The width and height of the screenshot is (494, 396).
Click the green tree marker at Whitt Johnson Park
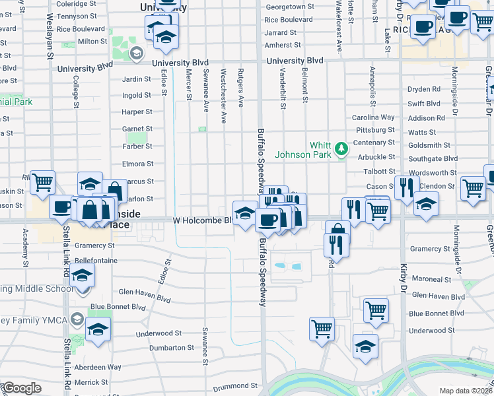click(x=341, y=148)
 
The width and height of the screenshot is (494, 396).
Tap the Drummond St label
click(x=234, y=385)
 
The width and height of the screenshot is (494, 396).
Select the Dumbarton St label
click(x=172, y=347)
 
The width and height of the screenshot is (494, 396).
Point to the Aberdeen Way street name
click(x=97, y=367)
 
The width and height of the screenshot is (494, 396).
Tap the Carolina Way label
click(x=373, y=117)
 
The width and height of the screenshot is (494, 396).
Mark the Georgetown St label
click(x=289, y=7)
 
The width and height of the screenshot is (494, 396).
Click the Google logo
click(x=21, y=388)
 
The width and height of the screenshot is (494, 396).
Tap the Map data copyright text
click(x=466, y=391)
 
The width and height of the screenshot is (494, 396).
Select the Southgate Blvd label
click(x=433, y=159)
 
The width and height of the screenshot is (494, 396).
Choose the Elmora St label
click(x=137, y=164)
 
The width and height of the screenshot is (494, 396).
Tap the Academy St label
click(x=26, y=244)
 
